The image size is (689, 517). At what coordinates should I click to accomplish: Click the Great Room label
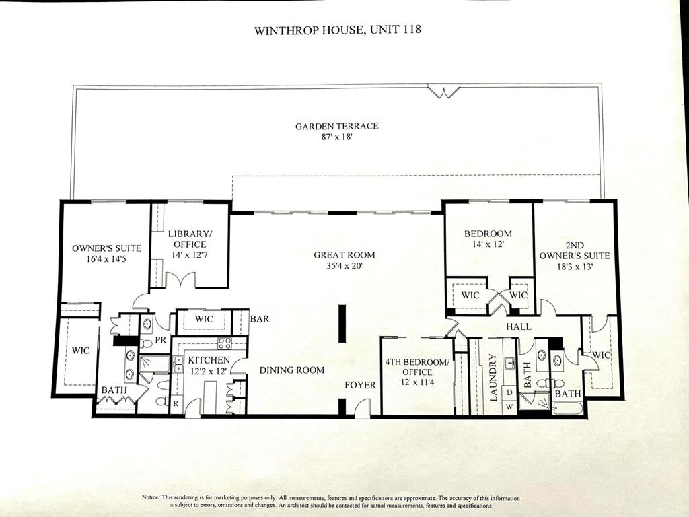tap(344, 255)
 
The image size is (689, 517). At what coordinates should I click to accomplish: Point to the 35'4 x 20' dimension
tap(344, 266)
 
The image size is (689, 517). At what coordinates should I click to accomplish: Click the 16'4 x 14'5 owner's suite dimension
tap(106, 259)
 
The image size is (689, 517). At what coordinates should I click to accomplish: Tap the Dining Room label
tap(292, 370)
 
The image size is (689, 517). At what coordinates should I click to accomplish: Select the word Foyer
tap(360, 385)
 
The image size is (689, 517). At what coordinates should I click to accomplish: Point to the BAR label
tap(260, 318)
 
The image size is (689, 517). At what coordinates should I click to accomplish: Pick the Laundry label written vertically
tap(493, 378)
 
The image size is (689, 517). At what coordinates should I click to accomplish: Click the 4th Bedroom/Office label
tap(416, 367)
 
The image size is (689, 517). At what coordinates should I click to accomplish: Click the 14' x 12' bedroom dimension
tap(488, 245)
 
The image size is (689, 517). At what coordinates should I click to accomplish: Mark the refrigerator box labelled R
tap(176, 405)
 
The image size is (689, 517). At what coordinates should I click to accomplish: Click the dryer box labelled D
tap(509, 392)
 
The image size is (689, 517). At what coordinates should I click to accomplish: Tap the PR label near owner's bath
tap(160, 341)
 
